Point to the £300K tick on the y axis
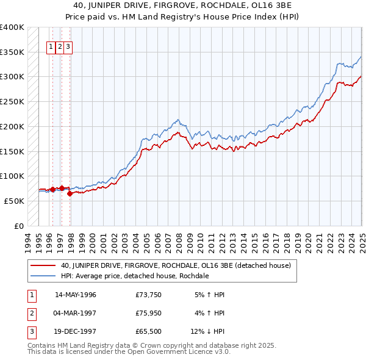(x=12, y=77)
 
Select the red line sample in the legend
(x=43, y=265)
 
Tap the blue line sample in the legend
(x=43, y=276)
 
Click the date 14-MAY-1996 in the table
(x=76, y=295)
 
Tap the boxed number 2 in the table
(x=30, y=313)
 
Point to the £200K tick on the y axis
(x=12, y=126)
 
